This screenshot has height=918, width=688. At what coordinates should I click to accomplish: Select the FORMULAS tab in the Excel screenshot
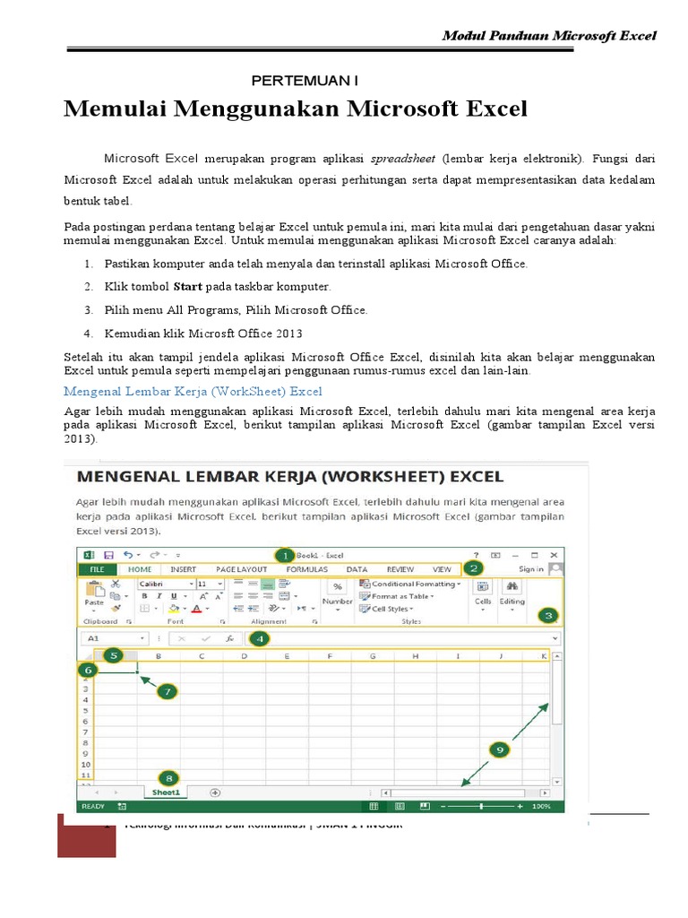coord(306,569)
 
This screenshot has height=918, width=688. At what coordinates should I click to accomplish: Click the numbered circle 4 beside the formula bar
coord(258,638)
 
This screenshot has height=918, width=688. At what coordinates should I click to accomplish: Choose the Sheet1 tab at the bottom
coord(167,792)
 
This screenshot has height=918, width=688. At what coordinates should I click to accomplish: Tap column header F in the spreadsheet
coord(330,657)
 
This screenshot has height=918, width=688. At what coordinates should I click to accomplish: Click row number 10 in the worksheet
coord(86,764)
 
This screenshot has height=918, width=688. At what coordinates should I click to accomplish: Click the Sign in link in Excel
coord(530,569)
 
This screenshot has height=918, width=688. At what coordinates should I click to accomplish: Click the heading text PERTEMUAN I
coord(304,81)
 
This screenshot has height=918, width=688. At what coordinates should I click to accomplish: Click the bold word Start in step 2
coord(186,287)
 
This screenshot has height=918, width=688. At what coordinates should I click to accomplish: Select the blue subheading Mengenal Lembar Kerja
coord(193,392)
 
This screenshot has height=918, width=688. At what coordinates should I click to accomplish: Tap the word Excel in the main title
coord(489,109)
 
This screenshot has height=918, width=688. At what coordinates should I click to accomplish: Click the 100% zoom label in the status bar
coord(541,806)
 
